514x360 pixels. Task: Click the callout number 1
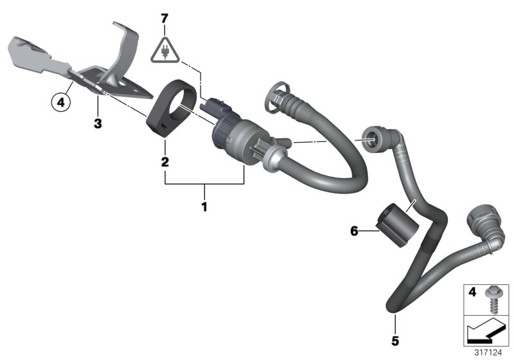pyautogui.click(x=204, y=207)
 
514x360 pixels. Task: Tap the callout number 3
pyautogui.click(x=98, y=123)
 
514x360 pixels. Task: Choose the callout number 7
pyautogui.click(x=164, y=19)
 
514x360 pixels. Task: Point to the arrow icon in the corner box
pyautogui.click(x=484, y=333)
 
